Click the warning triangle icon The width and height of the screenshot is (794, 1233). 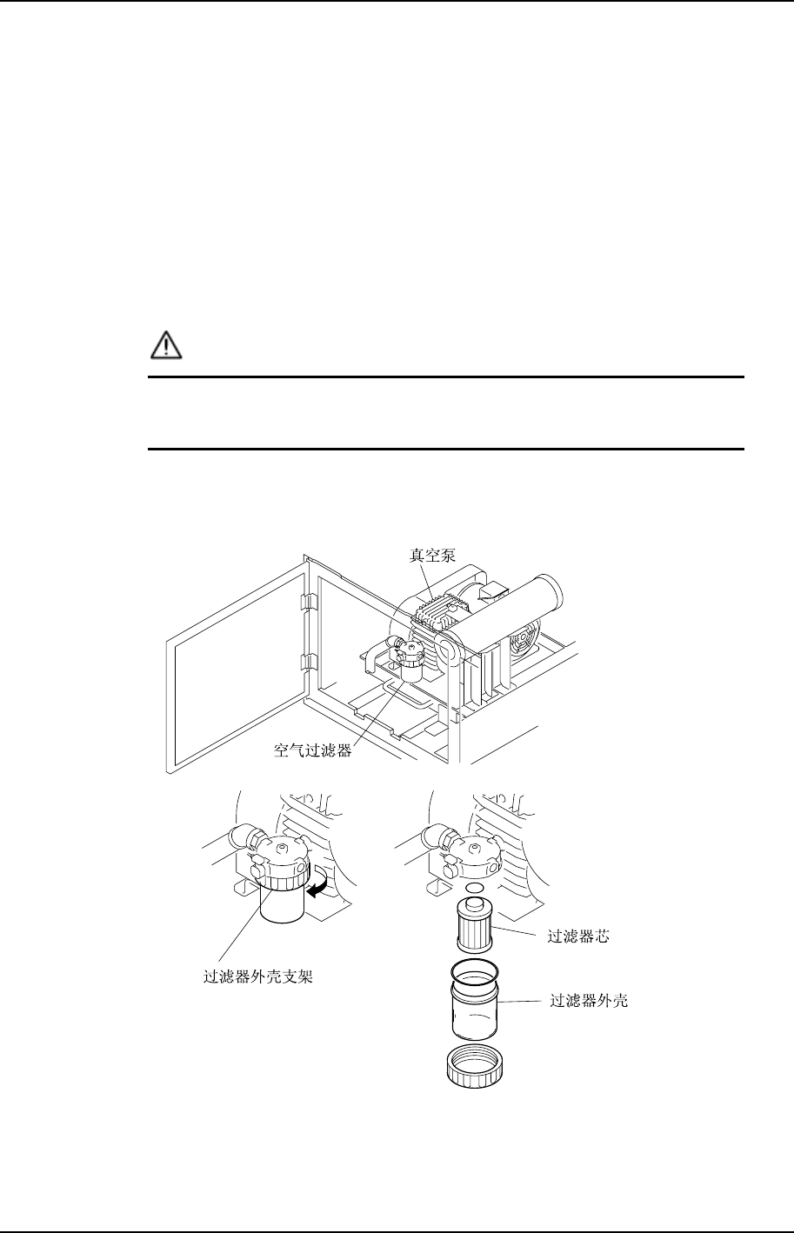pos(165,346)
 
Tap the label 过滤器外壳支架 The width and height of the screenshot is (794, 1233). pos(252,976)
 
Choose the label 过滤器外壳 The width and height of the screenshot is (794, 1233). pos(589,1001)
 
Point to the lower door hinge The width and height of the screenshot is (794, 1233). pos(305,663)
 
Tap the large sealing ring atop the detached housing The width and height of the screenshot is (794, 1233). pos(475,970)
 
